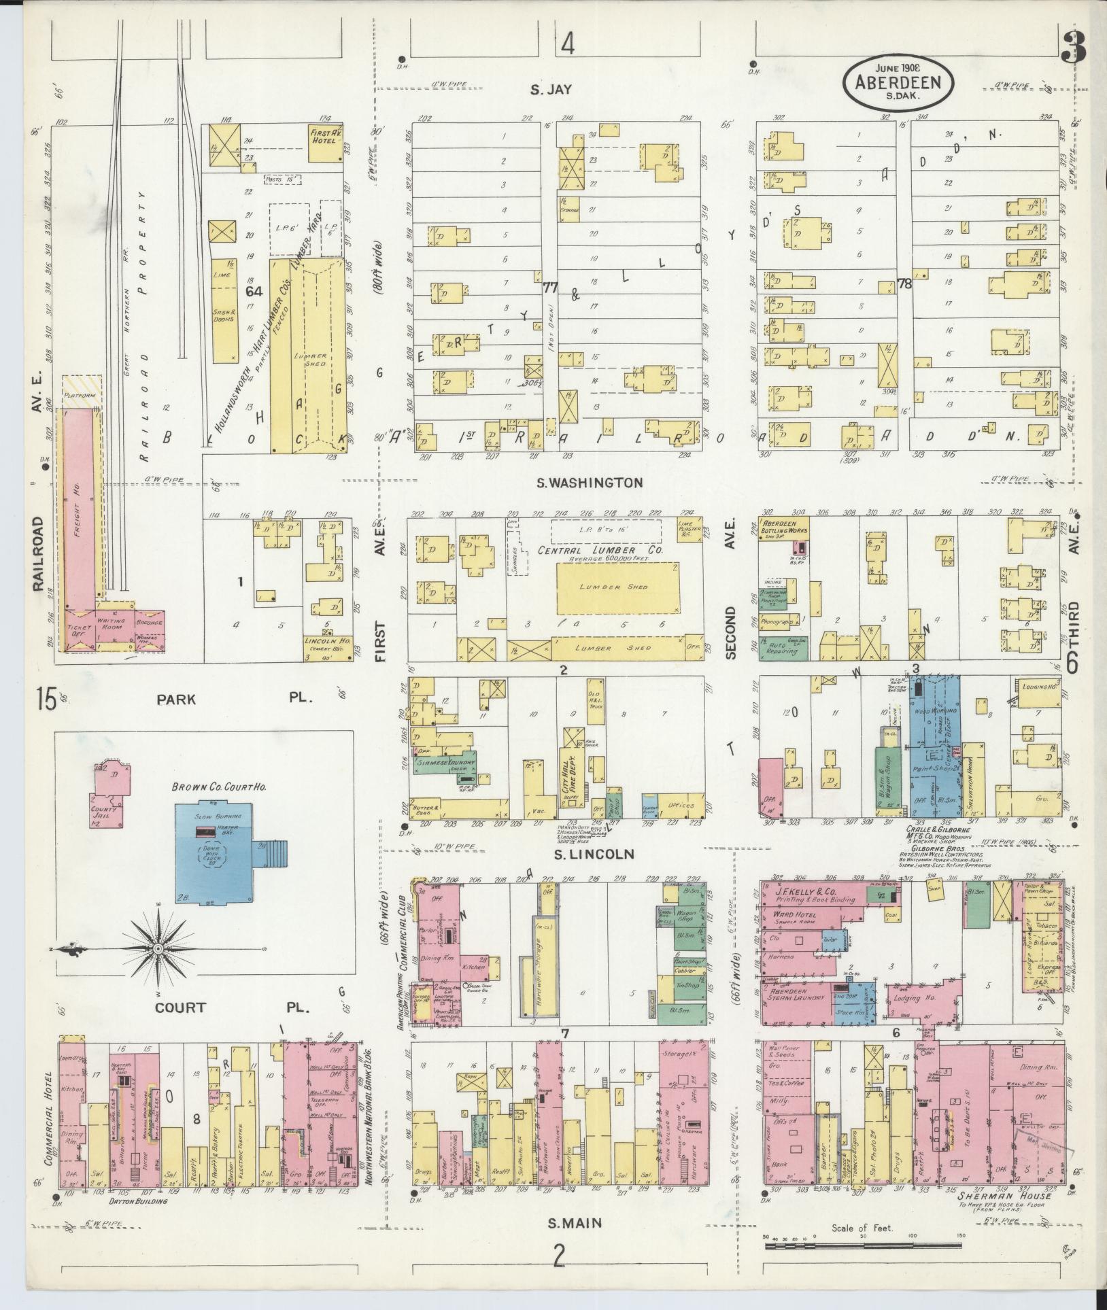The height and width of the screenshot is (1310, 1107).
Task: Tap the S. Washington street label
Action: tap(589, 483)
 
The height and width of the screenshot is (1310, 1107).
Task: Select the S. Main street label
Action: tap(575, 1223)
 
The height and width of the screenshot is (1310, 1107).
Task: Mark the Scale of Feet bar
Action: tap(862, 1247)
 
